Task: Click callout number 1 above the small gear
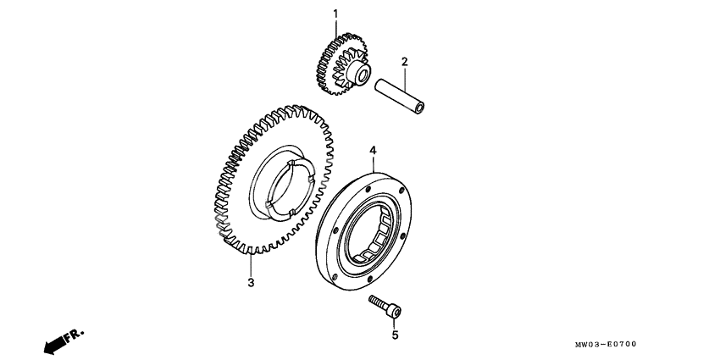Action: pyautogui.click(x=335, y=14)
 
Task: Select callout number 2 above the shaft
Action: pyautogui.click(x=405, y=62)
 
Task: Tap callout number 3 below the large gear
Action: pyautogui.click(x=251, y=283)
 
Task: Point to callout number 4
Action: pyautogui.click(x=373, y=150)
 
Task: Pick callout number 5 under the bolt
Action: pyautogui.click(x=395, y=335)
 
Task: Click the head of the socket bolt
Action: pyautogui.click(x=394, y=312)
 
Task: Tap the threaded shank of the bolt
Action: pyautogui.click(x=378, y=302)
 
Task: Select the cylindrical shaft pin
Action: pyautogui.click(x=400, y=97)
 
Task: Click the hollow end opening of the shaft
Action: pyautogui.click(x=418, y=109)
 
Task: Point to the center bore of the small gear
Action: pyautogui.click(x=362, y=74)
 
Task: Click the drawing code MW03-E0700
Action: pyautogui.click(x=605, y=344)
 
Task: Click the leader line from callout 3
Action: pyautogui.click(x=251, y=265)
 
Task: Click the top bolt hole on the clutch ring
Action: pyautogui.click(x=368, y=188)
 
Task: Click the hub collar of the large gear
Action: pyautogui.click(x=281, y=180)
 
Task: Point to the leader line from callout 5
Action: pyautogui.click(x=394, y=324)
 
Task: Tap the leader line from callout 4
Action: pyautogui.click(x=373, y=164)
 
